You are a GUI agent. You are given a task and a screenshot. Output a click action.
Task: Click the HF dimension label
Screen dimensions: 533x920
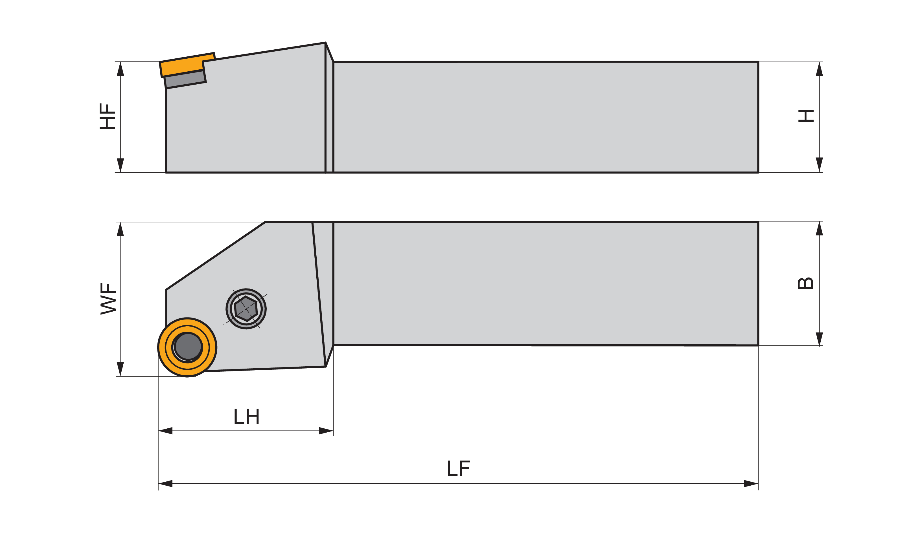(x=107, y=116)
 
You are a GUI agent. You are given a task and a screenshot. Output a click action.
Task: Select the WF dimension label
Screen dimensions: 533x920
(x=108, y=299)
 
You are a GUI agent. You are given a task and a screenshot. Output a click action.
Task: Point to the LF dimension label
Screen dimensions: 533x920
(x=459, y=468)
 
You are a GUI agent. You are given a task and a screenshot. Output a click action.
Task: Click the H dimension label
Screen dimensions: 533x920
(x=806, y=116)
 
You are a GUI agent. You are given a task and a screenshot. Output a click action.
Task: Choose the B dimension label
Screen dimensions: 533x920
(x=805, y=283)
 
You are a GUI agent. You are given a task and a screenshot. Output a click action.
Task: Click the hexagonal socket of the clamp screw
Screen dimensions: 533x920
(x=246, y=309)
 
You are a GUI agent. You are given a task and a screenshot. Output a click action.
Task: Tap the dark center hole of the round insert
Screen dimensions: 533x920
(x=188, y=347)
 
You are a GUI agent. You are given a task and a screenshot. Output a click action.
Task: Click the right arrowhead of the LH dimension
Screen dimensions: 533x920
(x=326, y=431)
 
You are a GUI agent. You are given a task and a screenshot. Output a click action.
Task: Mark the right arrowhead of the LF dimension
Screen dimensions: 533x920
(x=751, y=484)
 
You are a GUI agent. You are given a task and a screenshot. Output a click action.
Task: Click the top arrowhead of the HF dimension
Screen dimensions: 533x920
(x=121, y=69)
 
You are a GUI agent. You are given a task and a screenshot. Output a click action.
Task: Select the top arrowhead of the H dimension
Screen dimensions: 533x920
(x=819, y=69)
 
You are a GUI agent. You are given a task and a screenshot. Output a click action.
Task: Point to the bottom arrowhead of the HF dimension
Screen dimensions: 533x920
(x=121, y=165)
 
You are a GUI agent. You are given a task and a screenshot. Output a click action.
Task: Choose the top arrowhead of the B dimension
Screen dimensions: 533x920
(x=819, y=229)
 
